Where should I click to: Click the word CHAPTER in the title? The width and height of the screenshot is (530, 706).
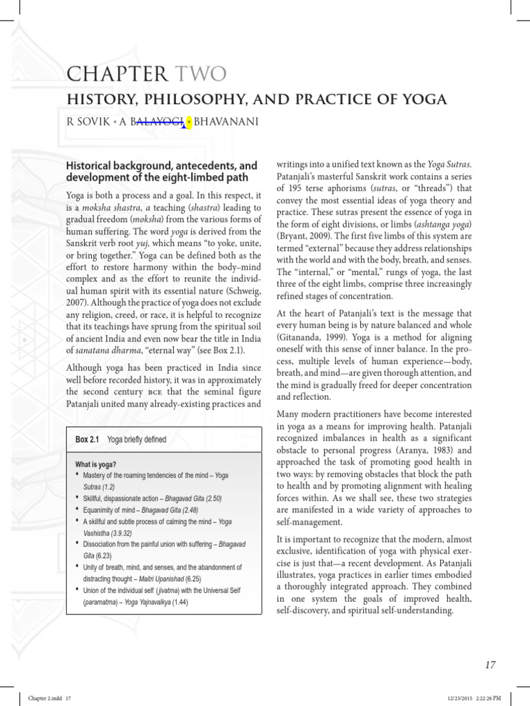[118, 74]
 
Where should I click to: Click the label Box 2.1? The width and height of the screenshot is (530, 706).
[88, 439]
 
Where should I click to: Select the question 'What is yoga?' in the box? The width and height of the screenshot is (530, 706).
[96, 465]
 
